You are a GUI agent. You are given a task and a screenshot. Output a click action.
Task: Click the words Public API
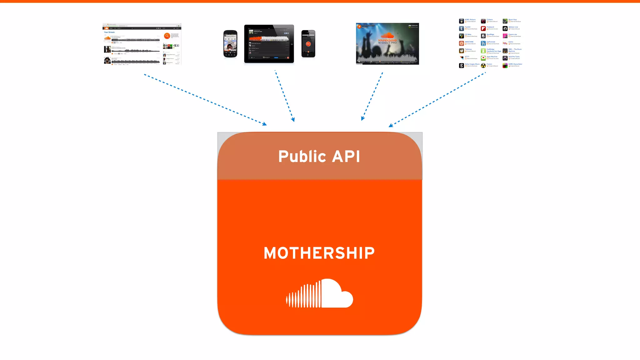[x=319, y=156]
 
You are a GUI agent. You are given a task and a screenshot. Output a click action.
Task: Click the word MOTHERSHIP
[x=319, y=253]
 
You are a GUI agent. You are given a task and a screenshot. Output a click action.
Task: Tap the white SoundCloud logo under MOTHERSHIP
[x=319, y=293]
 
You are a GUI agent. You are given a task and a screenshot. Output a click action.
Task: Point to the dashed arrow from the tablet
[x=284, y=96]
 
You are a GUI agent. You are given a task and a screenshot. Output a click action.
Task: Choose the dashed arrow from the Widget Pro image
[x=372, y=96]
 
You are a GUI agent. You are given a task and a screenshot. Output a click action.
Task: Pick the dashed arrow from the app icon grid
[x=437, y=99]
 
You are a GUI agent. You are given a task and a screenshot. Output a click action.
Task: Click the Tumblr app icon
[x=461, y=28]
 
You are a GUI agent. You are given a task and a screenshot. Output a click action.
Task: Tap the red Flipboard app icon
[x=483, y=28]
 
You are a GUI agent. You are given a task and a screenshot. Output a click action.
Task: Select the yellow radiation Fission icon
[x=483, y=66]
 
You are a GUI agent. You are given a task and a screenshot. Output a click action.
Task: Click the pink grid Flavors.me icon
[x=505, y=36]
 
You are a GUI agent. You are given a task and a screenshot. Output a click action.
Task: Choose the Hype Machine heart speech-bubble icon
[x=483, y=58]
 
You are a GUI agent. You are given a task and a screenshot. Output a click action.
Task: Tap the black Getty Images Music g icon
[x=461, y=66]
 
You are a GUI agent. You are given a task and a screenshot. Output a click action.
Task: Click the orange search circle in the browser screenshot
[x=167, y=36]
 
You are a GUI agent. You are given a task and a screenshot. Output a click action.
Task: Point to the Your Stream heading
[x=109, y=32]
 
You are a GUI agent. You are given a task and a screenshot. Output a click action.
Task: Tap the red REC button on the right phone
[x=308, y=44]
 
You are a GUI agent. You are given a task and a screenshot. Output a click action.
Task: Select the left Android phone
[x=230, y=44]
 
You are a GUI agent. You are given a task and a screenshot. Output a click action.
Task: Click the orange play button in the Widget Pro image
[x=359, y=27]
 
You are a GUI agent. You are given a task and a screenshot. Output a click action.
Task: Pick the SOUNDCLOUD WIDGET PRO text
[x=387, y=42]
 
